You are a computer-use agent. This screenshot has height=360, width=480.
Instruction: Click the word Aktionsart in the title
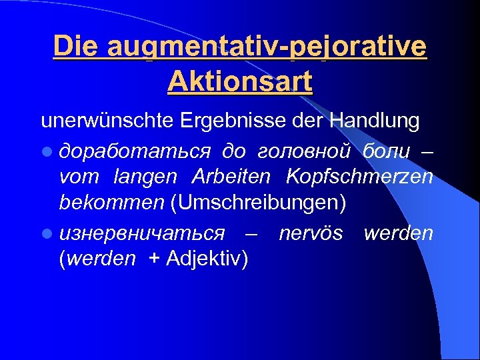(240, 82)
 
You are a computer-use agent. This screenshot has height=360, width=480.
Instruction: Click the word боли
(387, 151)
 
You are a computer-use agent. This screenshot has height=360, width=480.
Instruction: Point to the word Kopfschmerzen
(359, 178)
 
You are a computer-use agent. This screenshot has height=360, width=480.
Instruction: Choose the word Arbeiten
(231, 178)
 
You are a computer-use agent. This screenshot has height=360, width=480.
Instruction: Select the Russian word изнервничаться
(142, 233)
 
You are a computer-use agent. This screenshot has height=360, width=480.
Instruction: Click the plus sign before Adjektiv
(155, 259)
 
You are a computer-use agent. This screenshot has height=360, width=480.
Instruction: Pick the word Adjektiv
(206, 259)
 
